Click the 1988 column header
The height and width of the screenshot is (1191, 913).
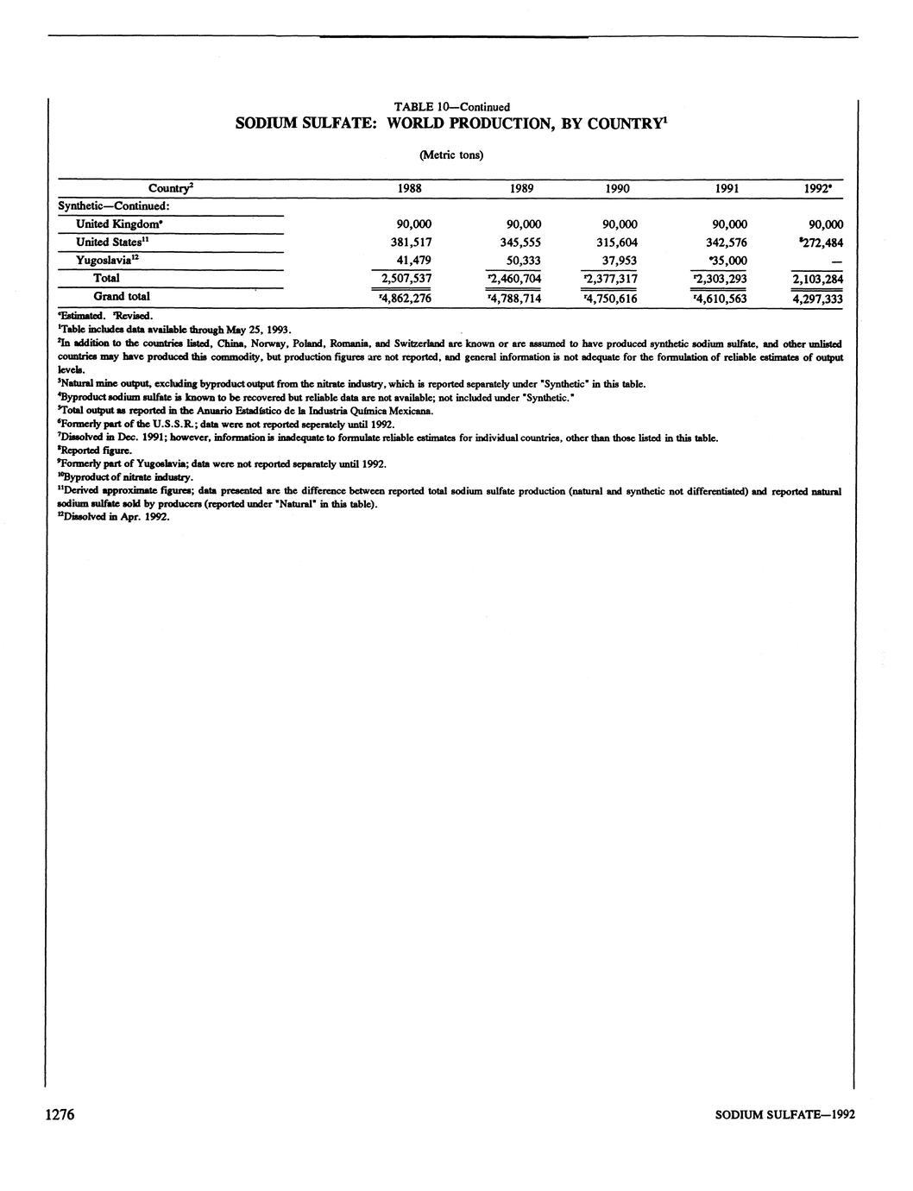click(x=409, y=188)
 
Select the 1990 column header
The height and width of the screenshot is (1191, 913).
click(x=617, y=188)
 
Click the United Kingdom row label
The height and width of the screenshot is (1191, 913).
click(x=115, y=224)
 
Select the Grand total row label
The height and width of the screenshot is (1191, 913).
click(x=122, y=296)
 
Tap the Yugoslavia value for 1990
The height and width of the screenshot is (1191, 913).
click(x=617, y=260)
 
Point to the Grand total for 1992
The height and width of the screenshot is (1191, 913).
click(x=817, y=299)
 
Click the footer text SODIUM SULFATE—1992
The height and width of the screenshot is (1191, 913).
click(x=785, y=1115)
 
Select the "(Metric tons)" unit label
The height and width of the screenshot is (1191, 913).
click(x=450, y=155)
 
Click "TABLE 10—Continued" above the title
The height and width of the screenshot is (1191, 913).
click(x=451, y=107)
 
